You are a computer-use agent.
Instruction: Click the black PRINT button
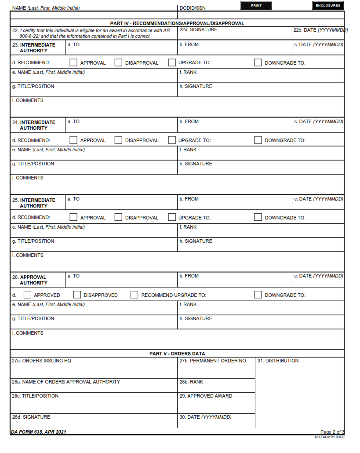pos(256,6)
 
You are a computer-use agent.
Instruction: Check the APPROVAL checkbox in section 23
pos(74,62)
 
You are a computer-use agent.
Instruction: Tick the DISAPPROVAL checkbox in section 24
pos(118,140)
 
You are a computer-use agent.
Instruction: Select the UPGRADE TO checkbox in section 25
pos(172,217)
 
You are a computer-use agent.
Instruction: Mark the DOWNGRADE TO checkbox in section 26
pos(258,295)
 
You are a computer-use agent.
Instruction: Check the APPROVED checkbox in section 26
pos(28,295)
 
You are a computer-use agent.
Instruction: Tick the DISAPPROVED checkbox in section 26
pos(77,295)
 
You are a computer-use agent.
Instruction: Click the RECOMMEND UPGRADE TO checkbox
pos(135,295)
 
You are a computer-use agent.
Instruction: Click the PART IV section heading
pos(177,23)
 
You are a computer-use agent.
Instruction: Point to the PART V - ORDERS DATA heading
pos(177,354)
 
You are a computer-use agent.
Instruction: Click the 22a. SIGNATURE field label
pos(198,30)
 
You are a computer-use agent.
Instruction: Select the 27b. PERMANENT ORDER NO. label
pos(213,361)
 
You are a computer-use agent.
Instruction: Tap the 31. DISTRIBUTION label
pos(278,361)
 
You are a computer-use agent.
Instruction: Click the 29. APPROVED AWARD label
pos(206,396)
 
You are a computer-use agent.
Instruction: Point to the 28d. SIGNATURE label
pos(31,417)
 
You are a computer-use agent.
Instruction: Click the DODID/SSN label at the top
pos(193,8)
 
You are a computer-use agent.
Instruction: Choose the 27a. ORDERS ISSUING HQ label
pos(41,361)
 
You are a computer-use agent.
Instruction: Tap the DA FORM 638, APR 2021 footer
pos(39,432)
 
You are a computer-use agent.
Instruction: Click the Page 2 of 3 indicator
pos(332,432)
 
